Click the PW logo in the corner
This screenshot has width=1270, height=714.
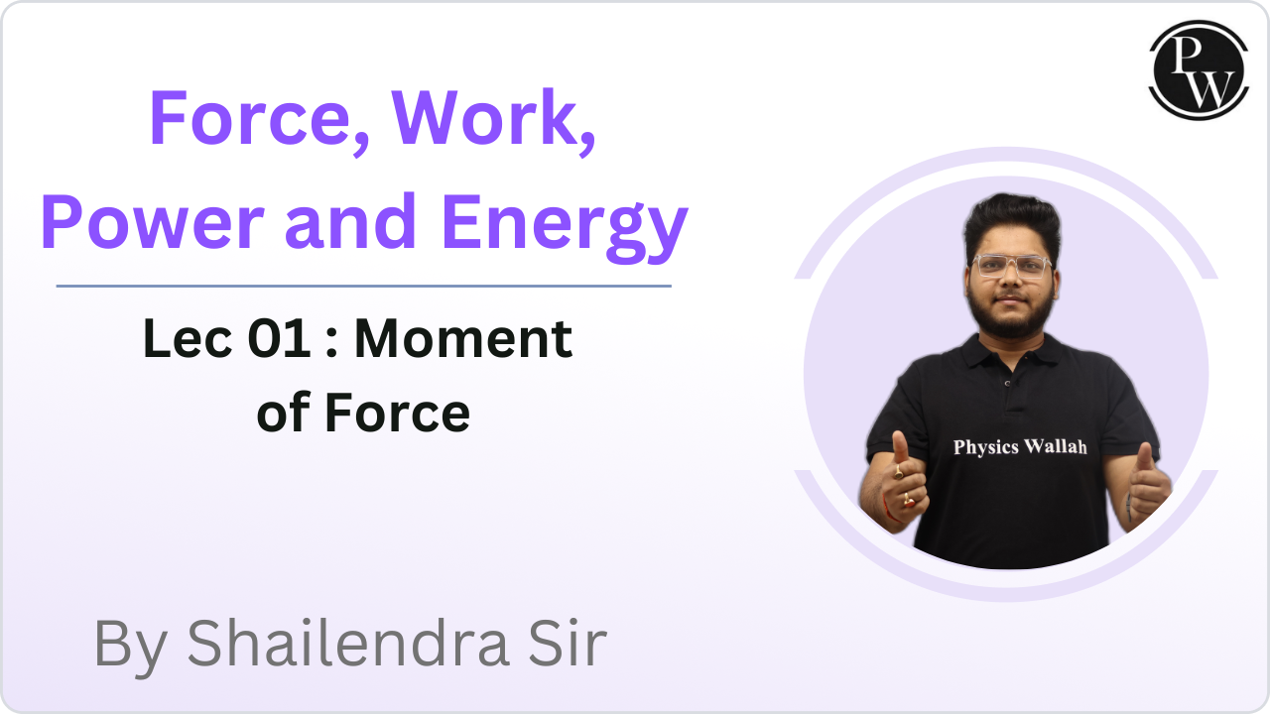[x=1198, y=70]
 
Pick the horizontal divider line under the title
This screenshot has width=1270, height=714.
[x=363, y=286]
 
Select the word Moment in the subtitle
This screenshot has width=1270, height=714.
[x=463, y=340]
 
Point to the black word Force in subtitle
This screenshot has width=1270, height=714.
[x=397, y=413]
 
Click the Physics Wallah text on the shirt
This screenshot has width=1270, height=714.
[x=1019, y=447]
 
